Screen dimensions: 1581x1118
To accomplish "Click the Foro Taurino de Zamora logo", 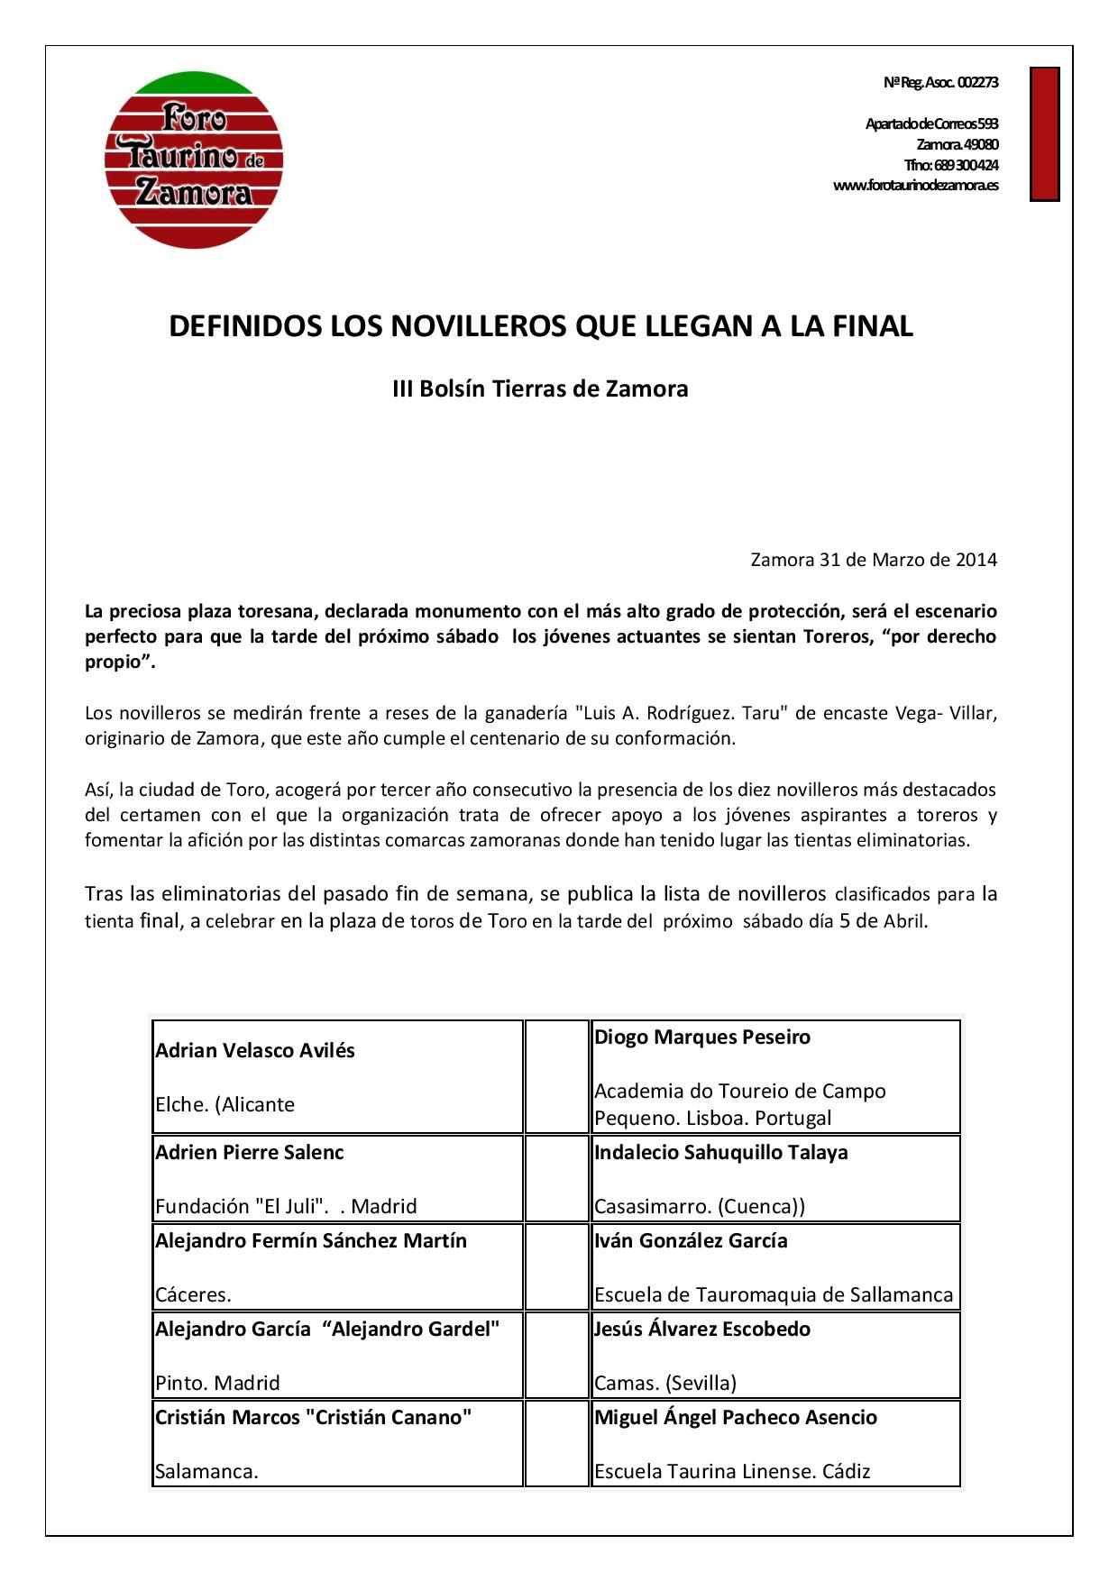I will [x=194, y=160].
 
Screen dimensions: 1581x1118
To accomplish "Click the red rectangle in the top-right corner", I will [x=1044, y=133].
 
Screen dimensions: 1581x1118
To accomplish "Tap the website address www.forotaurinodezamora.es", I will [x=915, y=186].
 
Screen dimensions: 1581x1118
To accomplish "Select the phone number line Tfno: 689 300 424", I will [x=951, y=165].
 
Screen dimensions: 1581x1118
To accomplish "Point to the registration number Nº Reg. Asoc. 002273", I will [x=940, y=82].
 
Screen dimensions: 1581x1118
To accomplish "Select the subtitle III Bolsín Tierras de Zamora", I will [x=540, y=389].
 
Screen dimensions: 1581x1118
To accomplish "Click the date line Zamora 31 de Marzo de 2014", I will [x=874, y=560].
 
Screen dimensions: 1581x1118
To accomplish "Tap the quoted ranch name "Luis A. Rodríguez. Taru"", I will [x=683, y=713].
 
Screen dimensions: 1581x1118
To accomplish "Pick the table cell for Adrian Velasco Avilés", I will [x=337, y=1076].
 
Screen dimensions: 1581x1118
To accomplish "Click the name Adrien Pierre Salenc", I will [x=249, y=1153].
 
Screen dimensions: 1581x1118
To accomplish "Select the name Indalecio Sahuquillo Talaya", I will [x=720, y=1153].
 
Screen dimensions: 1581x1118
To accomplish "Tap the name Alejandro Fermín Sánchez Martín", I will [x=311, y=1241].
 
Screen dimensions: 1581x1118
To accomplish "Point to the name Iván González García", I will [x=690, y=1241].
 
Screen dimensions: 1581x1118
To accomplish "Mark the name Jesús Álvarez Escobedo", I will [x=701, y=1330].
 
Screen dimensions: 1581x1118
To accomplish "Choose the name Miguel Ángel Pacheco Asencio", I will [x=735, y=1418].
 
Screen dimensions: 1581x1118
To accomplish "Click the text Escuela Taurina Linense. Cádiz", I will [x=731, y=1472].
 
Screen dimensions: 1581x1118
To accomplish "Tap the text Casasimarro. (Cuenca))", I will [x=699, y=1207].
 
